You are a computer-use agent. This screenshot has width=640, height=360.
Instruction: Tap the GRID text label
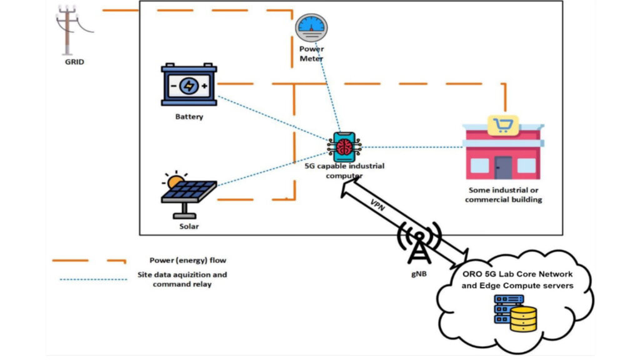[x=74, y=62]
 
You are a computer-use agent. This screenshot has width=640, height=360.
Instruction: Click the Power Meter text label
[x=311, y=54]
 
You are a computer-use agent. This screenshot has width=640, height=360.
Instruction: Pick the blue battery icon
[x=189, y=86]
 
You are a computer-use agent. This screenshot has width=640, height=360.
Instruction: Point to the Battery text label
[x=189, y=117]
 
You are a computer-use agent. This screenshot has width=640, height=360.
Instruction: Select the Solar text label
[x=189, y=226]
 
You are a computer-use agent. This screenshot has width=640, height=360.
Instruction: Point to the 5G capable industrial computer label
[x=344, y=171]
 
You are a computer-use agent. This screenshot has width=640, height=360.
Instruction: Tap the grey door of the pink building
[x=504, y=167]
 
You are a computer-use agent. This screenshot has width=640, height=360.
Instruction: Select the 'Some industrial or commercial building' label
[x=505, y=195]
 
